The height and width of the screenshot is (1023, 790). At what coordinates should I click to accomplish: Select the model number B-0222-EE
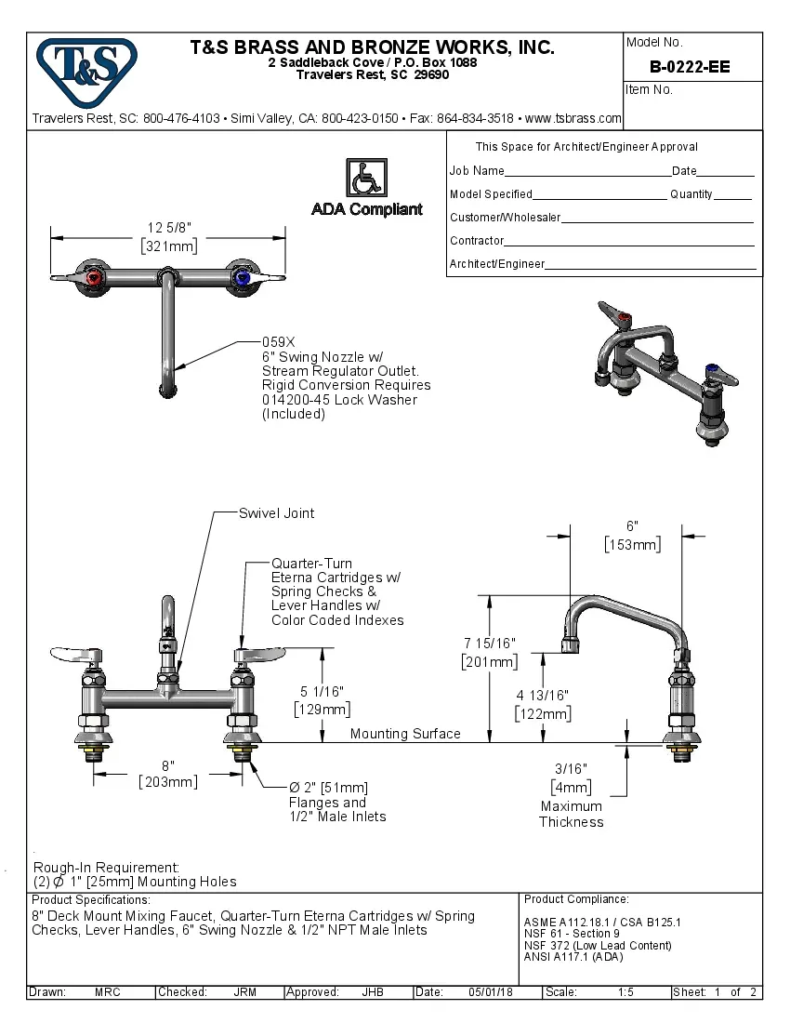(690, 67)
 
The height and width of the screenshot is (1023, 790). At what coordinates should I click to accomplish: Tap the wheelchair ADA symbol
(366, 178)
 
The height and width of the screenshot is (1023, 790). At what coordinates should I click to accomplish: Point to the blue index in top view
(242, 277)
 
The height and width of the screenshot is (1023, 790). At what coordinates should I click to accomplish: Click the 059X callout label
(278, 341)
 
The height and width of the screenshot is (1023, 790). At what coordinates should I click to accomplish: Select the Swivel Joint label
(276, 512)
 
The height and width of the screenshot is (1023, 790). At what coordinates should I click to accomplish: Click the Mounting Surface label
(405, 734)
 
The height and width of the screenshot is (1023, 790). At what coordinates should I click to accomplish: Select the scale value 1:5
(625, 992)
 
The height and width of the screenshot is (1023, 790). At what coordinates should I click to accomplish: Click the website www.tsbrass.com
(573, 118)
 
